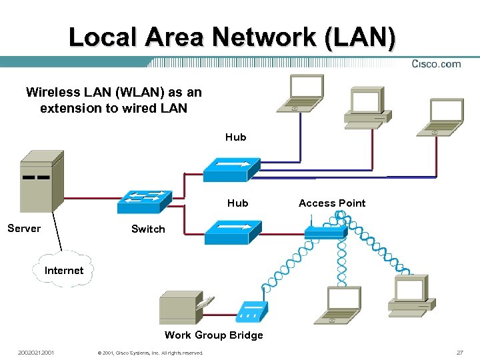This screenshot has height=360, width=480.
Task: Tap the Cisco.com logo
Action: [436, 64]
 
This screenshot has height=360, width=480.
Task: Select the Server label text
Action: [24, 229]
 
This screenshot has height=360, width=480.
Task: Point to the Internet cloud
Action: [64, 270]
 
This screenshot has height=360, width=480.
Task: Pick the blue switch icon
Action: [144, 200]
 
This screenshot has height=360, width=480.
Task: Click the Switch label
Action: [148, 229]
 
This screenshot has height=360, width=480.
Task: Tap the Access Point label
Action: [332, 203]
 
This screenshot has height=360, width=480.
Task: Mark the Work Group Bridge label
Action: [213, 335]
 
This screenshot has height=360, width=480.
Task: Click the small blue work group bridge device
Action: [253, 310]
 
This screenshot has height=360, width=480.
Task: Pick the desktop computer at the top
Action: [367, 107]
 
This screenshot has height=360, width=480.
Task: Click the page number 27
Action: [459, 353]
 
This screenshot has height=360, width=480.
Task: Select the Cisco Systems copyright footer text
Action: [150, 353]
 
